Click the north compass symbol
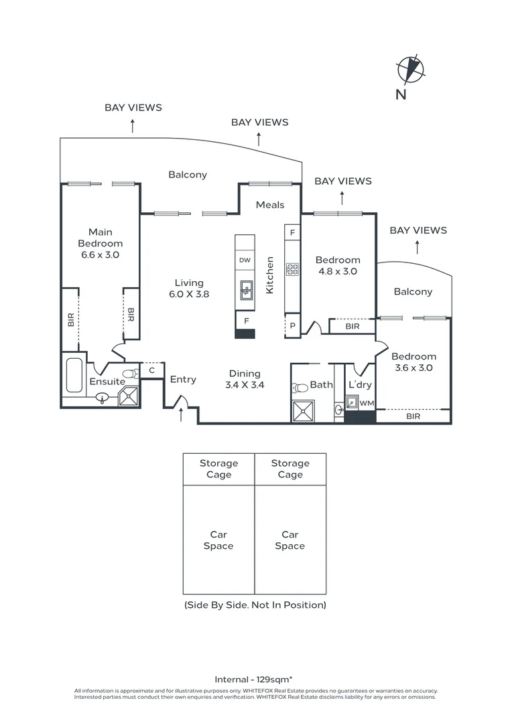(x=411, y=70)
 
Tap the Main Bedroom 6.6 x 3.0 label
(x=100, y=244)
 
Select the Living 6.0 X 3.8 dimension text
(x=188, y=288)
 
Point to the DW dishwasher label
(x=245, y=260)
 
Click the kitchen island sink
(x=245, y=290)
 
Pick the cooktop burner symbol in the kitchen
(x=293, y=269)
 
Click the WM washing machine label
(x=366, y=403)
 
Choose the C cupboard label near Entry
(x=152, y=370)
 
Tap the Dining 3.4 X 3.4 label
(x=245, y=379)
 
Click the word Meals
(x=270, y=205)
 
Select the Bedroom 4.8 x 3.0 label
(x=338, y=266)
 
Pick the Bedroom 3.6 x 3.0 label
(x=413, y=362)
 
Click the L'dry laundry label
(x=360, y=385)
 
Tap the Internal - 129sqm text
(x=255, y=678)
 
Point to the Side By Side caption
(x=255, y=605)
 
